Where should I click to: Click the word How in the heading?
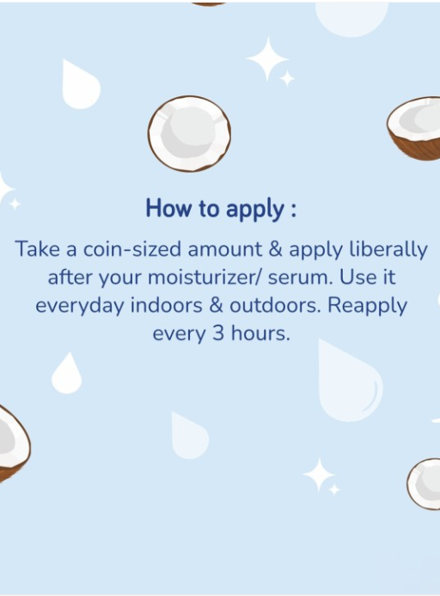pyautogui.click(x=168, y=208)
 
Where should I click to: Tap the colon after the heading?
pyautogui.click(x=293, y=210)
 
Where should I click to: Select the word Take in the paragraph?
pyautogui.click(x=37, y=249)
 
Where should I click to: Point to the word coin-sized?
pyautogui.click(x=132, y=249)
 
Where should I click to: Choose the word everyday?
pyautogui.click(x=80, y=306)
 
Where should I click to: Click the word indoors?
pyautogui.click(x=166, y=305)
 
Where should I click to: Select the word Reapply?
pyautogui.click(x=367, y=306)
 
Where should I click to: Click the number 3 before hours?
pyautogui.click(x=218, y=333)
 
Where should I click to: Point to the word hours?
pyautogui.click(x=260, y=333)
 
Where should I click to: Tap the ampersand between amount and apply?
pyautogui.click(x=276, y=249)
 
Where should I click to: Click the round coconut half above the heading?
pyautogui.click(x=189, y=133)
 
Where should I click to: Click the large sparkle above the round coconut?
pyautogui.click(x=267, y=58)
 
